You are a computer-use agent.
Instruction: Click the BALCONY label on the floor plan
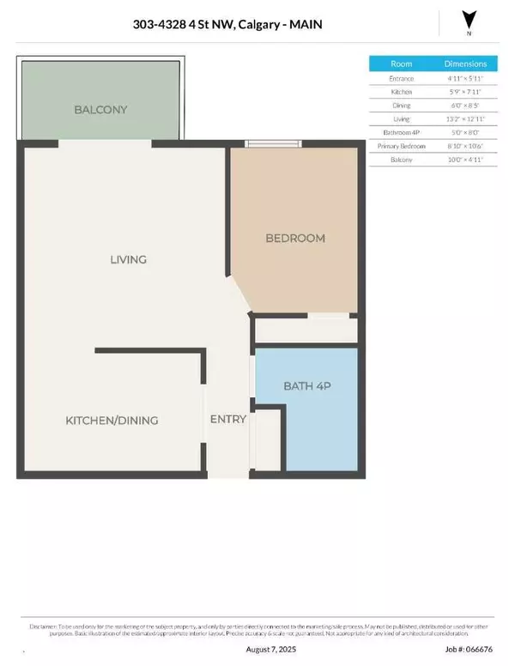[x=101, y=110]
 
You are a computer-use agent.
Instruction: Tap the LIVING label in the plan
[x=128, y=259]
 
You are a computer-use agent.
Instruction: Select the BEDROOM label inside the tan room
[x=295, y=238]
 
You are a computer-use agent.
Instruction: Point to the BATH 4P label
[x=307, y=387]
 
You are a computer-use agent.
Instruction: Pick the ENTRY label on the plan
[x=228, y=420]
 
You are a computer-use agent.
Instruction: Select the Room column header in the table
[x=401, y=64]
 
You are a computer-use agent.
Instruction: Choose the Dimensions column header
[x=465, y=64]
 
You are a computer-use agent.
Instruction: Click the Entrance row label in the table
[x=401, y=78]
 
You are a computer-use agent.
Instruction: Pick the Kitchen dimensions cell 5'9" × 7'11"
[x=465, y=92]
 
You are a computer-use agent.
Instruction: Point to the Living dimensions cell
[x=465, y=118]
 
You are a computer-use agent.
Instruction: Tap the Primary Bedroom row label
[x=401, y=146]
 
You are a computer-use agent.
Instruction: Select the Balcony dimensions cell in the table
[x=465, y=160]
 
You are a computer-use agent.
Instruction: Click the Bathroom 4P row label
[x=401, y=132]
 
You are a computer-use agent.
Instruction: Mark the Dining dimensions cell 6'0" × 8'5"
[x=465, y=106]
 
